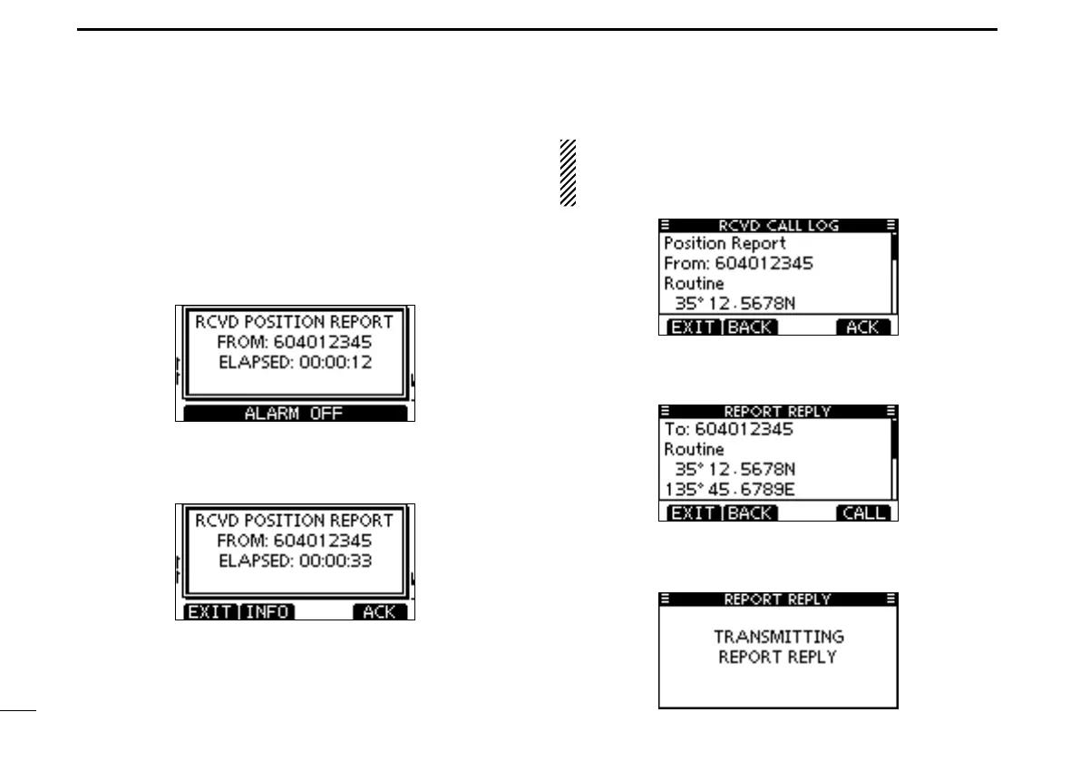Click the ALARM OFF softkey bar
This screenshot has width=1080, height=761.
(296, 414)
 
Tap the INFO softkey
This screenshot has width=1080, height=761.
(268, 612)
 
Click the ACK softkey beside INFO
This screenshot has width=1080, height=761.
(379, 612)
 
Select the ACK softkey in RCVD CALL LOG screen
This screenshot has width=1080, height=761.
(862, 327)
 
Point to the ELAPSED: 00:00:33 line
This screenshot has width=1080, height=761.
(296, 560)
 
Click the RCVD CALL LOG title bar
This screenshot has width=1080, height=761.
(778, 225)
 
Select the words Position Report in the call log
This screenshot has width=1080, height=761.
(725, 244)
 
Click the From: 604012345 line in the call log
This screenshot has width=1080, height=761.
(738, 264)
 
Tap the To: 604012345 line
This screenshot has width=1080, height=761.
(728, 430)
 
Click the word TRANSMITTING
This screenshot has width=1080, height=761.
(778, 637)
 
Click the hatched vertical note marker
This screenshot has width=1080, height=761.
(568, 172)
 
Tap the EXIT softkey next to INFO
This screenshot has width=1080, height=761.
(210, 612)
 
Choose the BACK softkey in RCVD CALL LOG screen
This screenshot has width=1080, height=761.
(751, 327)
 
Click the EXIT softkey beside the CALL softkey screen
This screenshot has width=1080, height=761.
(694, 513)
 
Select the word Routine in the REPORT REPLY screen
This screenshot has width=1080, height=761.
(694, 450)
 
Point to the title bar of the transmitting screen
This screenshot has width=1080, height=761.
(778, 600)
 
